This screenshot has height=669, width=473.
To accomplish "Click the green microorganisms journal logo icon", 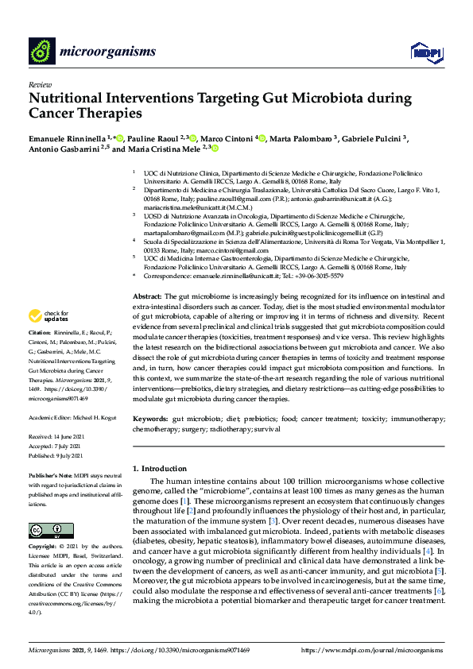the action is coord(41,52).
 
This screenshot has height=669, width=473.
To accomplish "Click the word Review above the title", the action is coord(39,84).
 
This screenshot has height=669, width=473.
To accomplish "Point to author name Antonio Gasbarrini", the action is coord(66,149).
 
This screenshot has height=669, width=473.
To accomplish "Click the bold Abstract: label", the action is coord(147,296).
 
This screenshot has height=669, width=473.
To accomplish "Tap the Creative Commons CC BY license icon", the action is coord(45,509).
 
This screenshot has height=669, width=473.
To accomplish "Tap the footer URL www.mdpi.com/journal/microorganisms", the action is coord(381,651).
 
